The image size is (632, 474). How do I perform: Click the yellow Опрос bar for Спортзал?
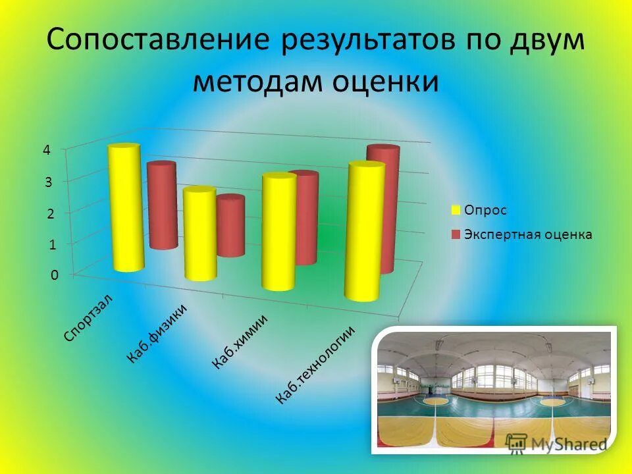pyautogui.click(x=126, y=208)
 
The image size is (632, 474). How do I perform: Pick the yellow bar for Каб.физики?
pyautogui.click(x=200, y=234)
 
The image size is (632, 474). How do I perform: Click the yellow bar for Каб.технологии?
pyautogui.click(x=363, y=232)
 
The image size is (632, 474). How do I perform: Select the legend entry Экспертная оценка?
pyautogui.click(x=527, y=234)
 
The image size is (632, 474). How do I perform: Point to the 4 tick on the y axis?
pyautogui.click(x=47, y=149)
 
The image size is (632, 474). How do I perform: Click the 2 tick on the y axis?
pyautogui.click(x=48, y=213)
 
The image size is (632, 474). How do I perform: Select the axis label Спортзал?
pyautogui.click(x=89, y=317)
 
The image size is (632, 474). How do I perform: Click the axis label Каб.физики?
pyautogui.click(x=158, y=333)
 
